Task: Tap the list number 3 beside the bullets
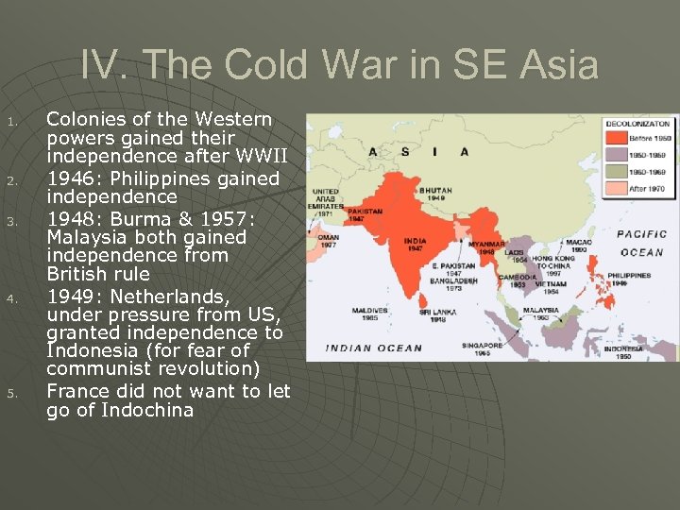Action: point(12,222)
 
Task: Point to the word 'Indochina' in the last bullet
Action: point(147,410)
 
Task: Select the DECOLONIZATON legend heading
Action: point(638,124)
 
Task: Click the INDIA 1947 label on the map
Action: point(416,244)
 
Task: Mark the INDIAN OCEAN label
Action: point(375,348)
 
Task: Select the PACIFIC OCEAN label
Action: point(643,243)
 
